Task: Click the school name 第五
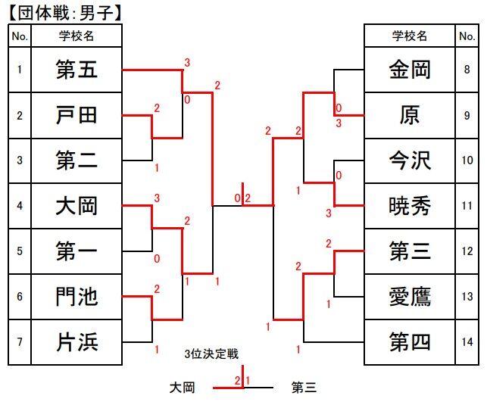[77, 70]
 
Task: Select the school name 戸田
[77, 115]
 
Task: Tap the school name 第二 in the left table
[77, 160]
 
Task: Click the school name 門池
[77, 296]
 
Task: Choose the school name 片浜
[77, 341]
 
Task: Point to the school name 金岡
[410, 70]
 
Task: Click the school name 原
[410, 115]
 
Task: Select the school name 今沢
[410, 160]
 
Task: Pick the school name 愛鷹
[410, 296]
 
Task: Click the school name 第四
[410, 341]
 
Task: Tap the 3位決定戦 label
[211, 354]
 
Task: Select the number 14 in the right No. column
[467, 341]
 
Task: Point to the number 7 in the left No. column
[20, 341]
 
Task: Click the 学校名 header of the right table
[410, 36]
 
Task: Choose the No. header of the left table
[20, 36]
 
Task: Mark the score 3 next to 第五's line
[186, 62]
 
